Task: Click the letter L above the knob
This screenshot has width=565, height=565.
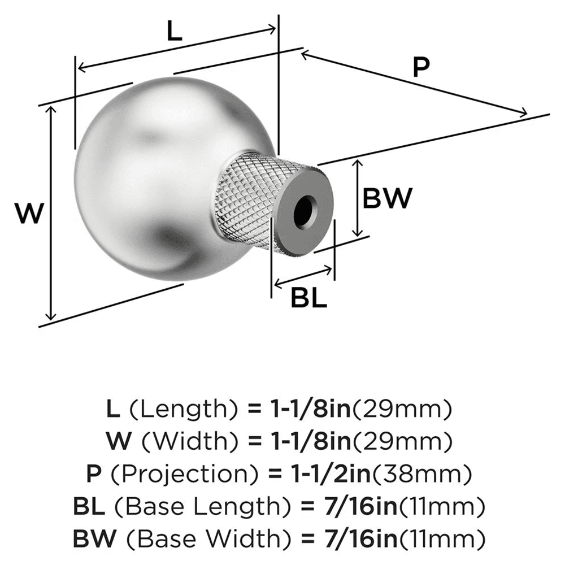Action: pyautogui.click(x=174, y=32)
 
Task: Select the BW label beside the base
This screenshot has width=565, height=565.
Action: pyautogui.click(x=386, y=199)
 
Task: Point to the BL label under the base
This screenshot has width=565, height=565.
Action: pyautogui.click(x=309, y=298)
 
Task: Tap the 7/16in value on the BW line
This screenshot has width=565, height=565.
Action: pyautogui.click(x=354, y=536)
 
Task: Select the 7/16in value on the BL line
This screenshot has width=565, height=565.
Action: pyautogui.click(x=354, y=505)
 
